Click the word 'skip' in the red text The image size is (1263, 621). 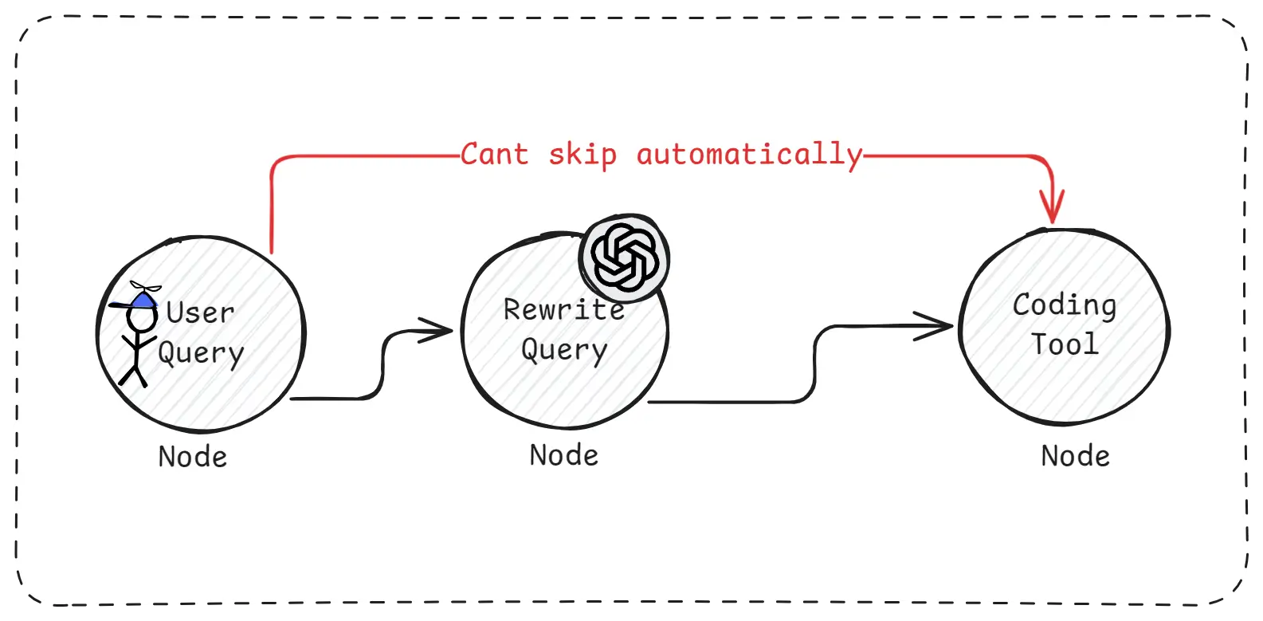click(x=582, y=155)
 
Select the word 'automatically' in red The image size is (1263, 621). click(x=749, y=155)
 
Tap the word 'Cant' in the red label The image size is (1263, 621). click(x=494, y=154)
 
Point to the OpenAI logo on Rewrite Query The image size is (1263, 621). click(x=625, y=257)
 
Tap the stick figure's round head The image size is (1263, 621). click(x=142, y=320)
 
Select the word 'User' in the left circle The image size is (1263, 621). click(x=200, y=312)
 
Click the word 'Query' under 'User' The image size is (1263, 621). click(x=201, y=352)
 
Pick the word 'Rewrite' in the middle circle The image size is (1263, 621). click(x=563, y=309)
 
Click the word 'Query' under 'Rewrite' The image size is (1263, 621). click(x=564, y=350)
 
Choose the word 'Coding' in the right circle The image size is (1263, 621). click(x=1064, y=305)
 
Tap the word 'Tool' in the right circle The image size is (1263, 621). click(x=1065, y=344)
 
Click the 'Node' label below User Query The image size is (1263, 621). click(x=193, y=457)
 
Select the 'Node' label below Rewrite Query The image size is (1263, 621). click(x=564, y=455)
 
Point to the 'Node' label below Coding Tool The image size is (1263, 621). click(x=1075, y=456)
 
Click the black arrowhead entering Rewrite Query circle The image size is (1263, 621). click(x=439, y=330)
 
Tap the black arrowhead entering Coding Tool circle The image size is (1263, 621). click(x=937, y=325)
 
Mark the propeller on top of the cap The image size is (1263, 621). click(x=145, y=287)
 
